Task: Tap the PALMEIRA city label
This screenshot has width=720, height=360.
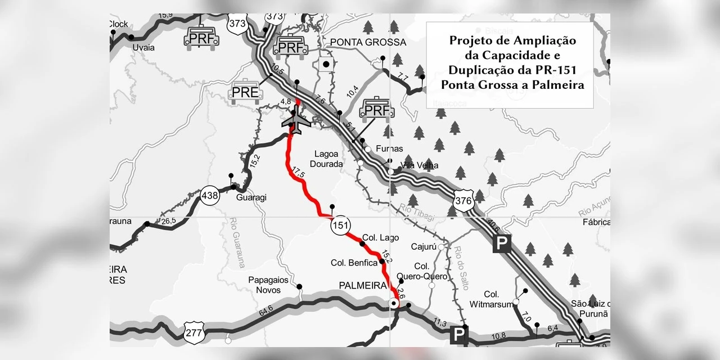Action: point(364,286)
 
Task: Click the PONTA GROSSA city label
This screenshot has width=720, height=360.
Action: point(368,43)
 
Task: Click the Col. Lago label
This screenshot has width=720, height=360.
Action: point(380,238)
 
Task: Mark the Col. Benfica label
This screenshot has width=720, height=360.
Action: point(354,263)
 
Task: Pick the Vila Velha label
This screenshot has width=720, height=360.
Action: point(419,165)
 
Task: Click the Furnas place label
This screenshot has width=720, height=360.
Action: point(390,149)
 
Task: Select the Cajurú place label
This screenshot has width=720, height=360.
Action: point(424,246)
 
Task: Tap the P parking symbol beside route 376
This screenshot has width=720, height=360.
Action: point(501,244)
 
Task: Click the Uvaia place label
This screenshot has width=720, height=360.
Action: point(143,47)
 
